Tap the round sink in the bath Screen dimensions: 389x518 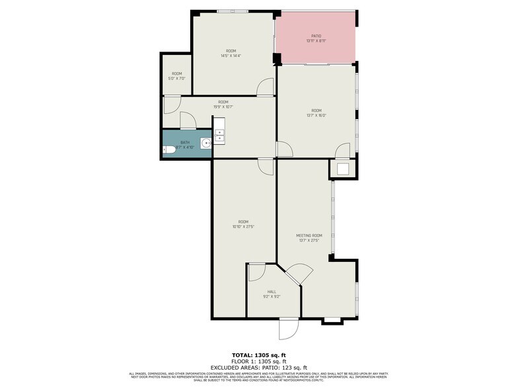tap(207, 142)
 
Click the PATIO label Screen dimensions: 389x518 tap(316, 36)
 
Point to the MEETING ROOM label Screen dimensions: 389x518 tap(309, 236)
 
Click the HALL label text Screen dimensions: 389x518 tap(272, 291)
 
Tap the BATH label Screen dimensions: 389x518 tap(185, 142)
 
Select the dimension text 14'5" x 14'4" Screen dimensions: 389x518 tap(231, 56)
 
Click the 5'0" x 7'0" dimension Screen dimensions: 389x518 tap(177, 79)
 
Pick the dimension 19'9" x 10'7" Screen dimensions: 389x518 tap(223, 107)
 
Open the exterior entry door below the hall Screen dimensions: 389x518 tap(289, 328)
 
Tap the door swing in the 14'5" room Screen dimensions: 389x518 tap(266, 87)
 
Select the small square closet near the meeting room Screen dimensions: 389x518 tap(343, 169)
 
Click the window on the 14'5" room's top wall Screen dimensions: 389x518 tap(233, 11)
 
